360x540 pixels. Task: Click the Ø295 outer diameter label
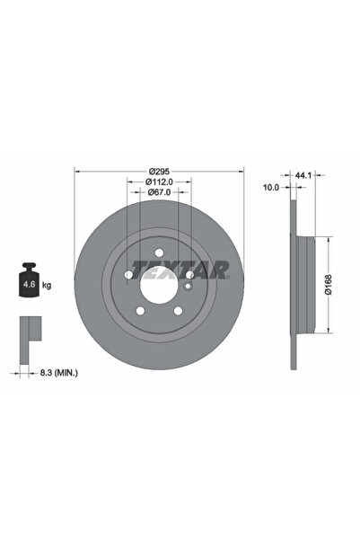point(160,171)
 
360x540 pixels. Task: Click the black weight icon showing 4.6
point(30,283)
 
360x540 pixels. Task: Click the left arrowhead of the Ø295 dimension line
point(76,171)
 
